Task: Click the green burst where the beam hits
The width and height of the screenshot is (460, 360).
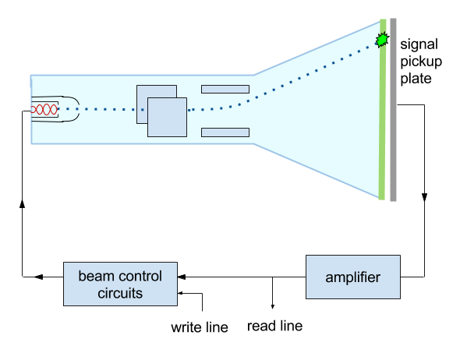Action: tap(382, 40)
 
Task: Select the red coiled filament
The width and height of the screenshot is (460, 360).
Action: tap(44, 109)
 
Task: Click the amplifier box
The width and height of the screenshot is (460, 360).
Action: tap(353, 277)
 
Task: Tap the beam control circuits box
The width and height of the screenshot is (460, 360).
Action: tap(120, 284)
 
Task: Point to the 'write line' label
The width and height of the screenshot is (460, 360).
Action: tap(200, 327)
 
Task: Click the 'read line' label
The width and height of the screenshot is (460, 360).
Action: tap(274, 326)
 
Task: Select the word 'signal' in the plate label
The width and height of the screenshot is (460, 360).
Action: tap(419, 45)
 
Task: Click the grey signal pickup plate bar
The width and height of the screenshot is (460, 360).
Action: tap(393, 110)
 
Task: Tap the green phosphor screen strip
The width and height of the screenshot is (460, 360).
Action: tap(382, 110)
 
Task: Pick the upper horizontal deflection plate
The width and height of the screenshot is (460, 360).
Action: tap(225, 89)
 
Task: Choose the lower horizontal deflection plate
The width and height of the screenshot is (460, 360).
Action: tap(225, 132)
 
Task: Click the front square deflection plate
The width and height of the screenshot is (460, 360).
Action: tap(167, 117)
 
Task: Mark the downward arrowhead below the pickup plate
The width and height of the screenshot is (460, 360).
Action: tap(424, 197)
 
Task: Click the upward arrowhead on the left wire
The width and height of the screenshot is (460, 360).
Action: tap(22, 203)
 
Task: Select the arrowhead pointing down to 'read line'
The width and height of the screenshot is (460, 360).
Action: tap(273, 306)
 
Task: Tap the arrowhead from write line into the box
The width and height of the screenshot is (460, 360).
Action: tap(180, 293)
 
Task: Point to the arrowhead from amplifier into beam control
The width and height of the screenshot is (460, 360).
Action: tap(182, 277)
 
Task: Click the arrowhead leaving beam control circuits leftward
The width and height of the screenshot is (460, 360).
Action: tap(39, 277)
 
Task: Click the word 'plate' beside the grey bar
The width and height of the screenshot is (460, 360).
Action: tap(416, 79)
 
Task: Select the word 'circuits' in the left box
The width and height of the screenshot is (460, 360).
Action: tap(120, 293)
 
